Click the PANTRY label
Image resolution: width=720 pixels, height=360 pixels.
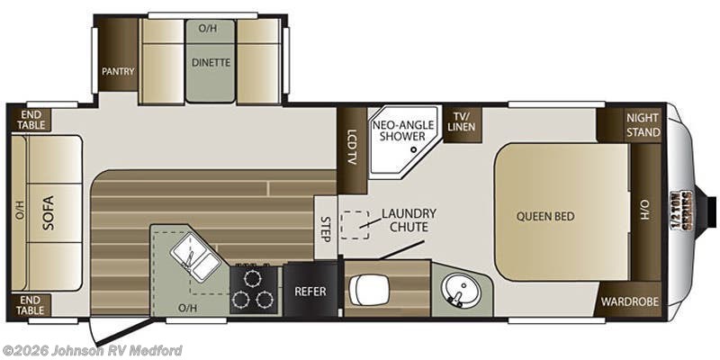(x=118, y=71)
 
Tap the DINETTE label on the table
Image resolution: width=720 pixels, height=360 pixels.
(x=211, y=63)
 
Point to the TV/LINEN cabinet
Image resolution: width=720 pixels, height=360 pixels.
(x=463, y=121)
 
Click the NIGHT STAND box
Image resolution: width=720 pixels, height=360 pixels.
(x=643, y=124)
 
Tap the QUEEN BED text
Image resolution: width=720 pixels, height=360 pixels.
(x=545, y=215)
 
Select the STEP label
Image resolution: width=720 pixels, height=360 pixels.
(x=326, y=224)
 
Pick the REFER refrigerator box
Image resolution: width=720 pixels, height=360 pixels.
(x=310, y=291)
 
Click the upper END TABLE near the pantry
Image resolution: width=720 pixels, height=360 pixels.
(x=30, y=120)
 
